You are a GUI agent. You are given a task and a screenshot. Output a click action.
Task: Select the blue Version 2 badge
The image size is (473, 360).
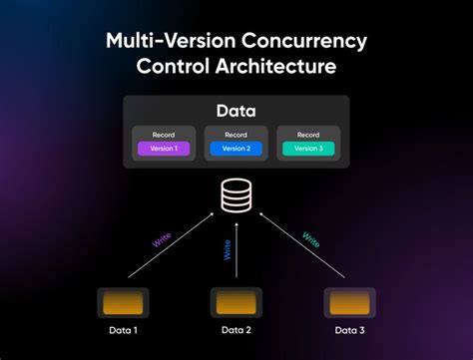point(236,149)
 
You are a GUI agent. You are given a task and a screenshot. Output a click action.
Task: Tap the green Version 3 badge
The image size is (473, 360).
point(309,149)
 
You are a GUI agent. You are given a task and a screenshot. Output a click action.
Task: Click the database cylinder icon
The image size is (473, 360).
point(236,195)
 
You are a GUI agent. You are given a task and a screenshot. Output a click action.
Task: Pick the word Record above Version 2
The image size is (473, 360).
point(236,134)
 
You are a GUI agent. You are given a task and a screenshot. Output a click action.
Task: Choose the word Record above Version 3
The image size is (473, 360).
point(309,134)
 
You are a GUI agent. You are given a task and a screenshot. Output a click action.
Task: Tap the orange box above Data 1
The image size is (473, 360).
point(123,302)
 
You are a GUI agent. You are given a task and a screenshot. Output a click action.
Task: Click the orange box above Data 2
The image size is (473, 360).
point(236,302)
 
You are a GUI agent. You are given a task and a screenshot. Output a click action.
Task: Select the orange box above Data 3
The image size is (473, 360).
point(349,302)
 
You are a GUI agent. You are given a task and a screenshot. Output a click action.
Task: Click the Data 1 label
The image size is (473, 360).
point(123,330)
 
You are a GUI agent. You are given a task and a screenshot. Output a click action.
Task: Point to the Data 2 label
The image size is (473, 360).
point(236,330)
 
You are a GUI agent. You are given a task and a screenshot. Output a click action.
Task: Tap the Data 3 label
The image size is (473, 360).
point(349,330)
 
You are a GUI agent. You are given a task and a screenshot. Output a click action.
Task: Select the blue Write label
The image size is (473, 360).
point(229,248)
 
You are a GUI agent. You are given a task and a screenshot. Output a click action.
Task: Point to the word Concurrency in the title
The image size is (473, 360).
point(310,43)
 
